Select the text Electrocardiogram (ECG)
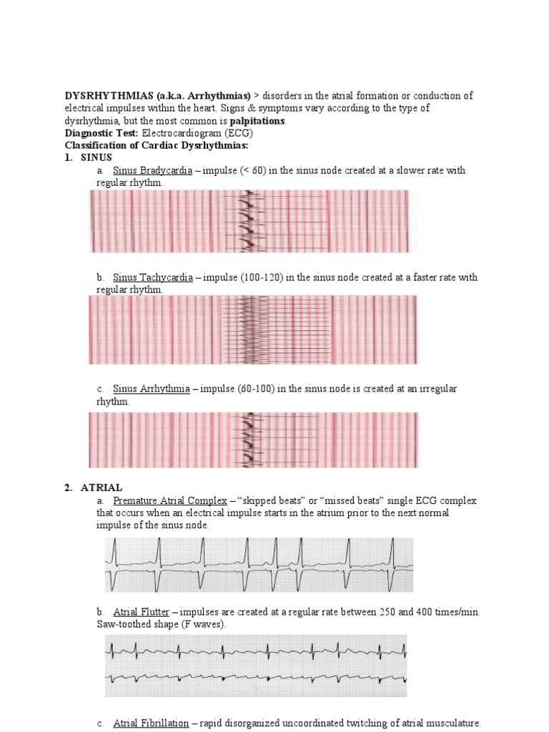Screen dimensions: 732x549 (x=197, y=133)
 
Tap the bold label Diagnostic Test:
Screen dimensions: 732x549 (x=102, y=133)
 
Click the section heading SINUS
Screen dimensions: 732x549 (x=97, y=157)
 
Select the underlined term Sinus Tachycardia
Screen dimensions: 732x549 (x=153, y=277)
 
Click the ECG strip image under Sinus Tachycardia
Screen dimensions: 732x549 (x=253, y=330)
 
